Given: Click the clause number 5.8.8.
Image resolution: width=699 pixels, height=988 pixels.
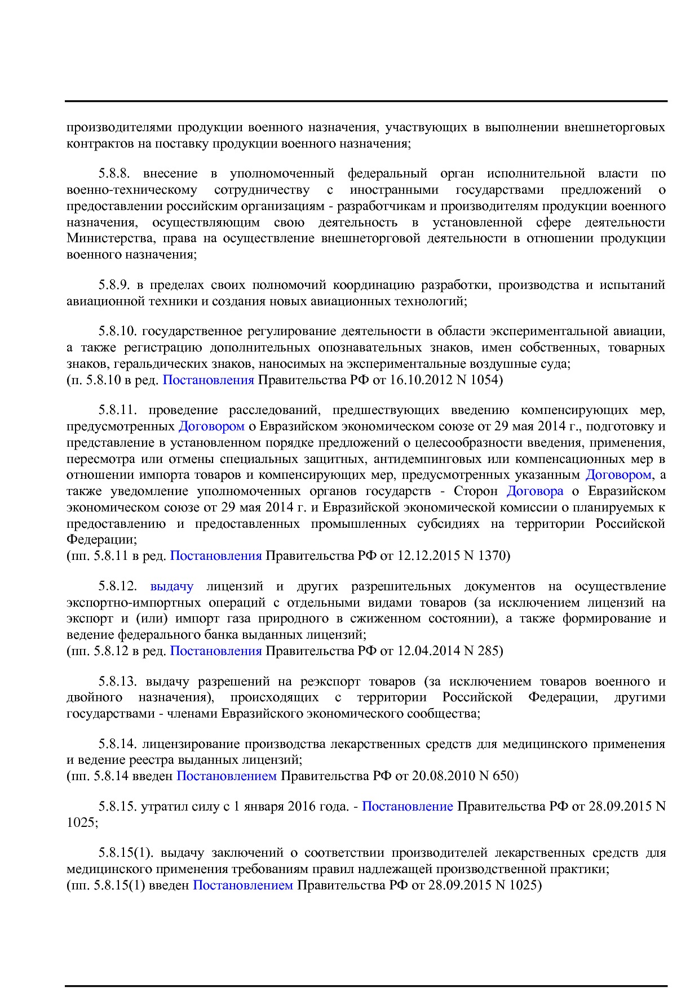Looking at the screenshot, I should (x=117, y=173).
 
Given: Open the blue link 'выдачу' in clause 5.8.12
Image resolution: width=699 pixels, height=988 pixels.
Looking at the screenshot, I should (x=171, y=586).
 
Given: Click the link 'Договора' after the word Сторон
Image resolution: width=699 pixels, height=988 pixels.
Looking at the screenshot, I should (x=535, y=491).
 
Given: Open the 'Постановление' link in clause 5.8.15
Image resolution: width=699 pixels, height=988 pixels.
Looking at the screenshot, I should (x=407, y=807).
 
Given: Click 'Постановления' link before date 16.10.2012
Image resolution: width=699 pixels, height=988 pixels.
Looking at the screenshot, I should (x=208, y=380).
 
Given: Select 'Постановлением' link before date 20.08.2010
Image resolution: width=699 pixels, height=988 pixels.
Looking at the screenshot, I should (x=227, y=776).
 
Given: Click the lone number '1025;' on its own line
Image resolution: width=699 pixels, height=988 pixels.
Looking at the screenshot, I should (x=82, y=823).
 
